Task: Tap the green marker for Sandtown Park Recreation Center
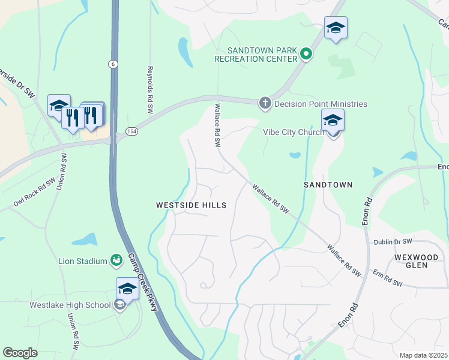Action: tap(306, 55)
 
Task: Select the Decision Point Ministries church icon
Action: tap(265, 104)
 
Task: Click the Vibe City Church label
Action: tap(293, 132)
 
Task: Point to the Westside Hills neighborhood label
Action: tap(191, 205)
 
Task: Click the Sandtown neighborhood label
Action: tap(327, 185)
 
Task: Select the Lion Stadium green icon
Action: tap(116, 260)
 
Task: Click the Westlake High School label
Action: tap(70, 305)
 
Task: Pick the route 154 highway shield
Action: tap(131, 130)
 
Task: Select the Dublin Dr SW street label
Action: tap(393, 241)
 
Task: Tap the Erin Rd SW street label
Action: tap(387, 280)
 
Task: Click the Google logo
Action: tap(20, 352)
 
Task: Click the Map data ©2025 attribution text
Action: tap(423, 355)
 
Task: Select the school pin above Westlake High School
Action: tap(127, 289)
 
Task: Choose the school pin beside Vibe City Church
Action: tap(333, 120)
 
